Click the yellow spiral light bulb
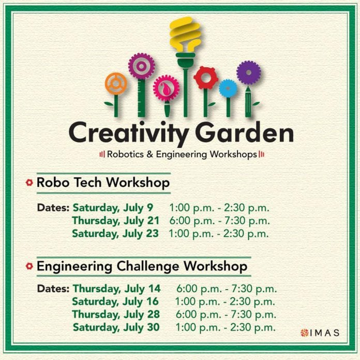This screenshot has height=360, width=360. click(x=185, y=35)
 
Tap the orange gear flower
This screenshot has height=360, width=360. click(x=116, y=84)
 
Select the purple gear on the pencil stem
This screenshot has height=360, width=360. click(x=249, y=72)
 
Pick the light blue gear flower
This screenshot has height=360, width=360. click(x=228, y=88)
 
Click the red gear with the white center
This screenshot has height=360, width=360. click(x=206, y=78)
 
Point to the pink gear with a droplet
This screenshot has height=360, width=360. click(x=166, y=88)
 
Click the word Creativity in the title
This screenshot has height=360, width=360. click(x=129, y=133)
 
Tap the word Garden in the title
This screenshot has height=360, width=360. click(x=244, y=132)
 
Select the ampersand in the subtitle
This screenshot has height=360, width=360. click(x=149, y=154)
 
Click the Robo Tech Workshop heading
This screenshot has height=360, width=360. click(x=103, y=183)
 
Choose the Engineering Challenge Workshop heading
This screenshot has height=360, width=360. click(x=142, y=266)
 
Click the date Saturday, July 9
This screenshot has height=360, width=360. click(x=113, y=208)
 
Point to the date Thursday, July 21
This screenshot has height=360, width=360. click(x=115, y=221)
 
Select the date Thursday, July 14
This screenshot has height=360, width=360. click(x=116, y=289)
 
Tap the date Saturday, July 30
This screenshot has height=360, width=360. click(x=116, y=327)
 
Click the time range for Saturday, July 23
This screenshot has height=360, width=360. click(x=219, y=234)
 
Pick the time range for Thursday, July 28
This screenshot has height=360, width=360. click(x=226, y=314)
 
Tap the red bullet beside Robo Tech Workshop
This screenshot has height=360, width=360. click(x=29, y=183)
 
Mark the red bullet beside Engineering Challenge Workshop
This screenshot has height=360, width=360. click(x=29, y=266)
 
